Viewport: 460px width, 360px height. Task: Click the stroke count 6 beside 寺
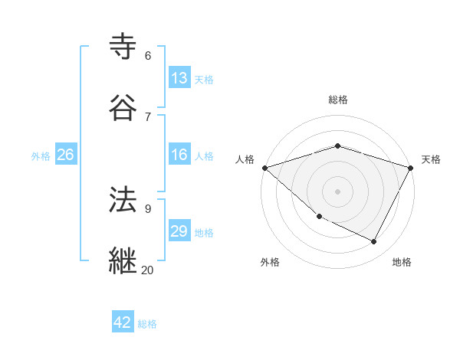click(x=148, y=56)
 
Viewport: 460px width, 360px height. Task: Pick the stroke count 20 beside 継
click(x=147, y=270)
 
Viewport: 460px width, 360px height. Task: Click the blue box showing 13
click(x=179, y=78)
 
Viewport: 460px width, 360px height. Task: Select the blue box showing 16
click(x=179, y=155)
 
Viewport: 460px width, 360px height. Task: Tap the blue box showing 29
click(x=179, y=231)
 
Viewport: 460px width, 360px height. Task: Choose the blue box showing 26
click(x=65, y=155)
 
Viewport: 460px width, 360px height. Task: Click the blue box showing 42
click(x=123, y=322)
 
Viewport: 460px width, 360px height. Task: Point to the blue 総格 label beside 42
click(x=147, y=324)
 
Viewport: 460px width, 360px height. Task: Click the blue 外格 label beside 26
click(x=41, y=156)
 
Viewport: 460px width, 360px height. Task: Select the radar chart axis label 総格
click(x=337, y=100)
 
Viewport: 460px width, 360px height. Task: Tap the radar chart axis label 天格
click(x=431, y=159)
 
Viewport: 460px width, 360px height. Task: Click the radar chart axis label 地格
click(x=402, y=263)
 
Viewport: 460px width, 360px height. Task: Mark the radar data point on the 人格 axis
click(x=264, y=168)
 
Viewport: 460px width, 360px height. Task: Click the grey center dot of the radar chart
click(x=337, y=191)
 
